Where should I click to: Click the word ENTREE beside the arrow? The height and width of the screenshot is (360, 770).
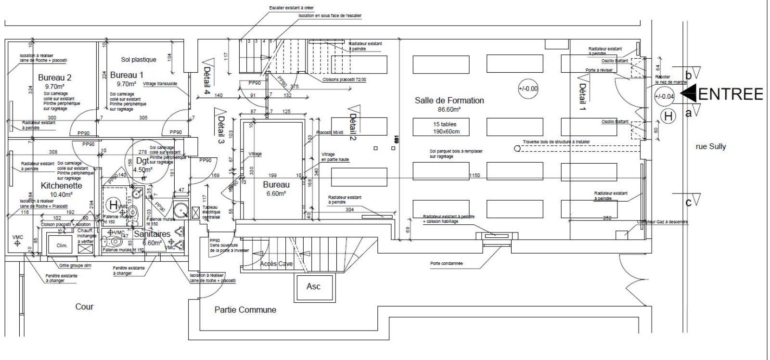click(731, 94)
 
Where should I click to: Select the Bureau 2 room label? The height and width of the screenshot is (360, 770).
click(55, 77)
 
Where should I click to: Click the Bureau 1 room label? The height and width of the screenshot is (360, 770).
click(127, 75)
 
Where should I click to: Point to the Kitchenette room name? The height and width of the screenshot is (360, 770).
click(61, 186)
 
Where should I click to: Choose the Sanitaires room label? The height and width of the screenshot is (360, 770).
click(152, 234)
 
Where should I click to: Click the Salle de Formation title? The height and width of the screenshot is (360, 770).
click(449, 101)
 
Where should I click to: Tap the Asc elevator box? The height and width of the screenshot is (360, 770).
click(313, 286)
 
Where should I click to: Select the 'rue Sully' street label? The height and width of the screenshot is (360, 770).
click(711, 146)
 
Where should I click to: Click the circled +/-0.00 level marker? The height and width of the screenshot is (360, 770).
click(528, 89)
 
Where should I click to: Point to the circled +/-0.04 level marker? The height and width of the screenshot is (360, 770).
click(665, 96)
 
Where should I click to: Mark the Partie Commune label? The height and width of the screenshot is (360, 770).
click(245, 310)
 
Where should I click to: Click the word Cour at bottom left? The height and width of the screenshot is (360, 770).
click(84, 307)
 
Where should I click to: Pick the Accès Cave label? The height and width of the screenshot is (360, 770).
click(276, 264)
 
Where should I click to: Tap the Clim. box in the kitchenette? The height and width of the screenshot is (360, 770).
click(62, 245)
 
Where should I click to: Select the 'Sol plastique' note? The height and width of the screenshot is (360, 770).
click(139, 60)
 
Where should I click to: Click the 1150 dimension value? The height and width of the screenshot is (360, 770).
click(475, 176)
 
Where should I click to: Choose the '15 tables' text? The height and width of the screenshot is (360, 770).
click(445, 124)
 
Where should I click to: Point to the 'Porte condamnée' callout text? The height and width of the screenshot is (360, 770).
click(446, 263)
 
